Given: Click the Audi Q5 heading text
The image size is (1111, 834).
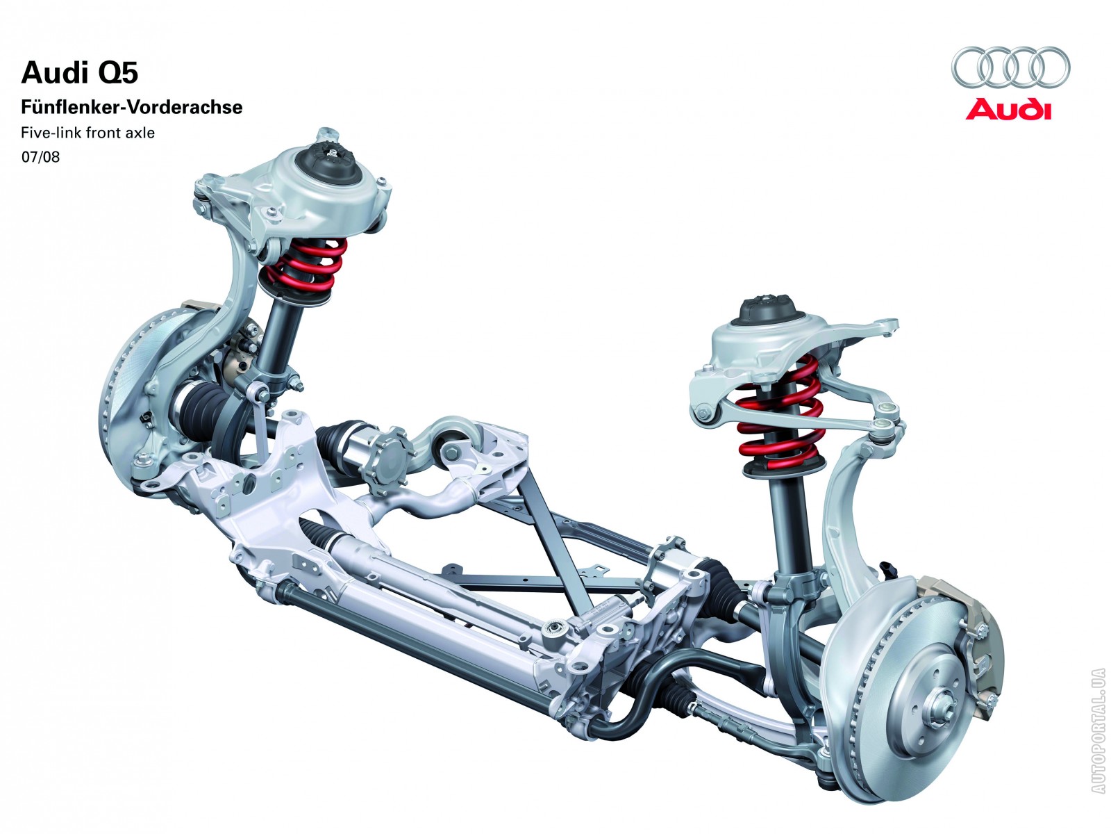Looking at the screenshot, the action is [x=79, y=72].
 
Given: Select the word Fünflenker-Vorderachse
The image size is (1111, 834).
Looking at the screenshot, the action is [x=132, y=107].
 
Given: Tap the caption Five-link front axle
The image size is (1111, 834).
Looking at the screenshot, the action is [x=87, y=133].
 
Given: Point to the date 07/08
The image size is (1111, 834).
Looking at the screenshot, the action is [x=40, y=157].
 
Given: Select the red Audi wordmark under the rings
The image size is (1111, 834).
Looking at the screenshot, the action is [x=1009, y=110].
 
